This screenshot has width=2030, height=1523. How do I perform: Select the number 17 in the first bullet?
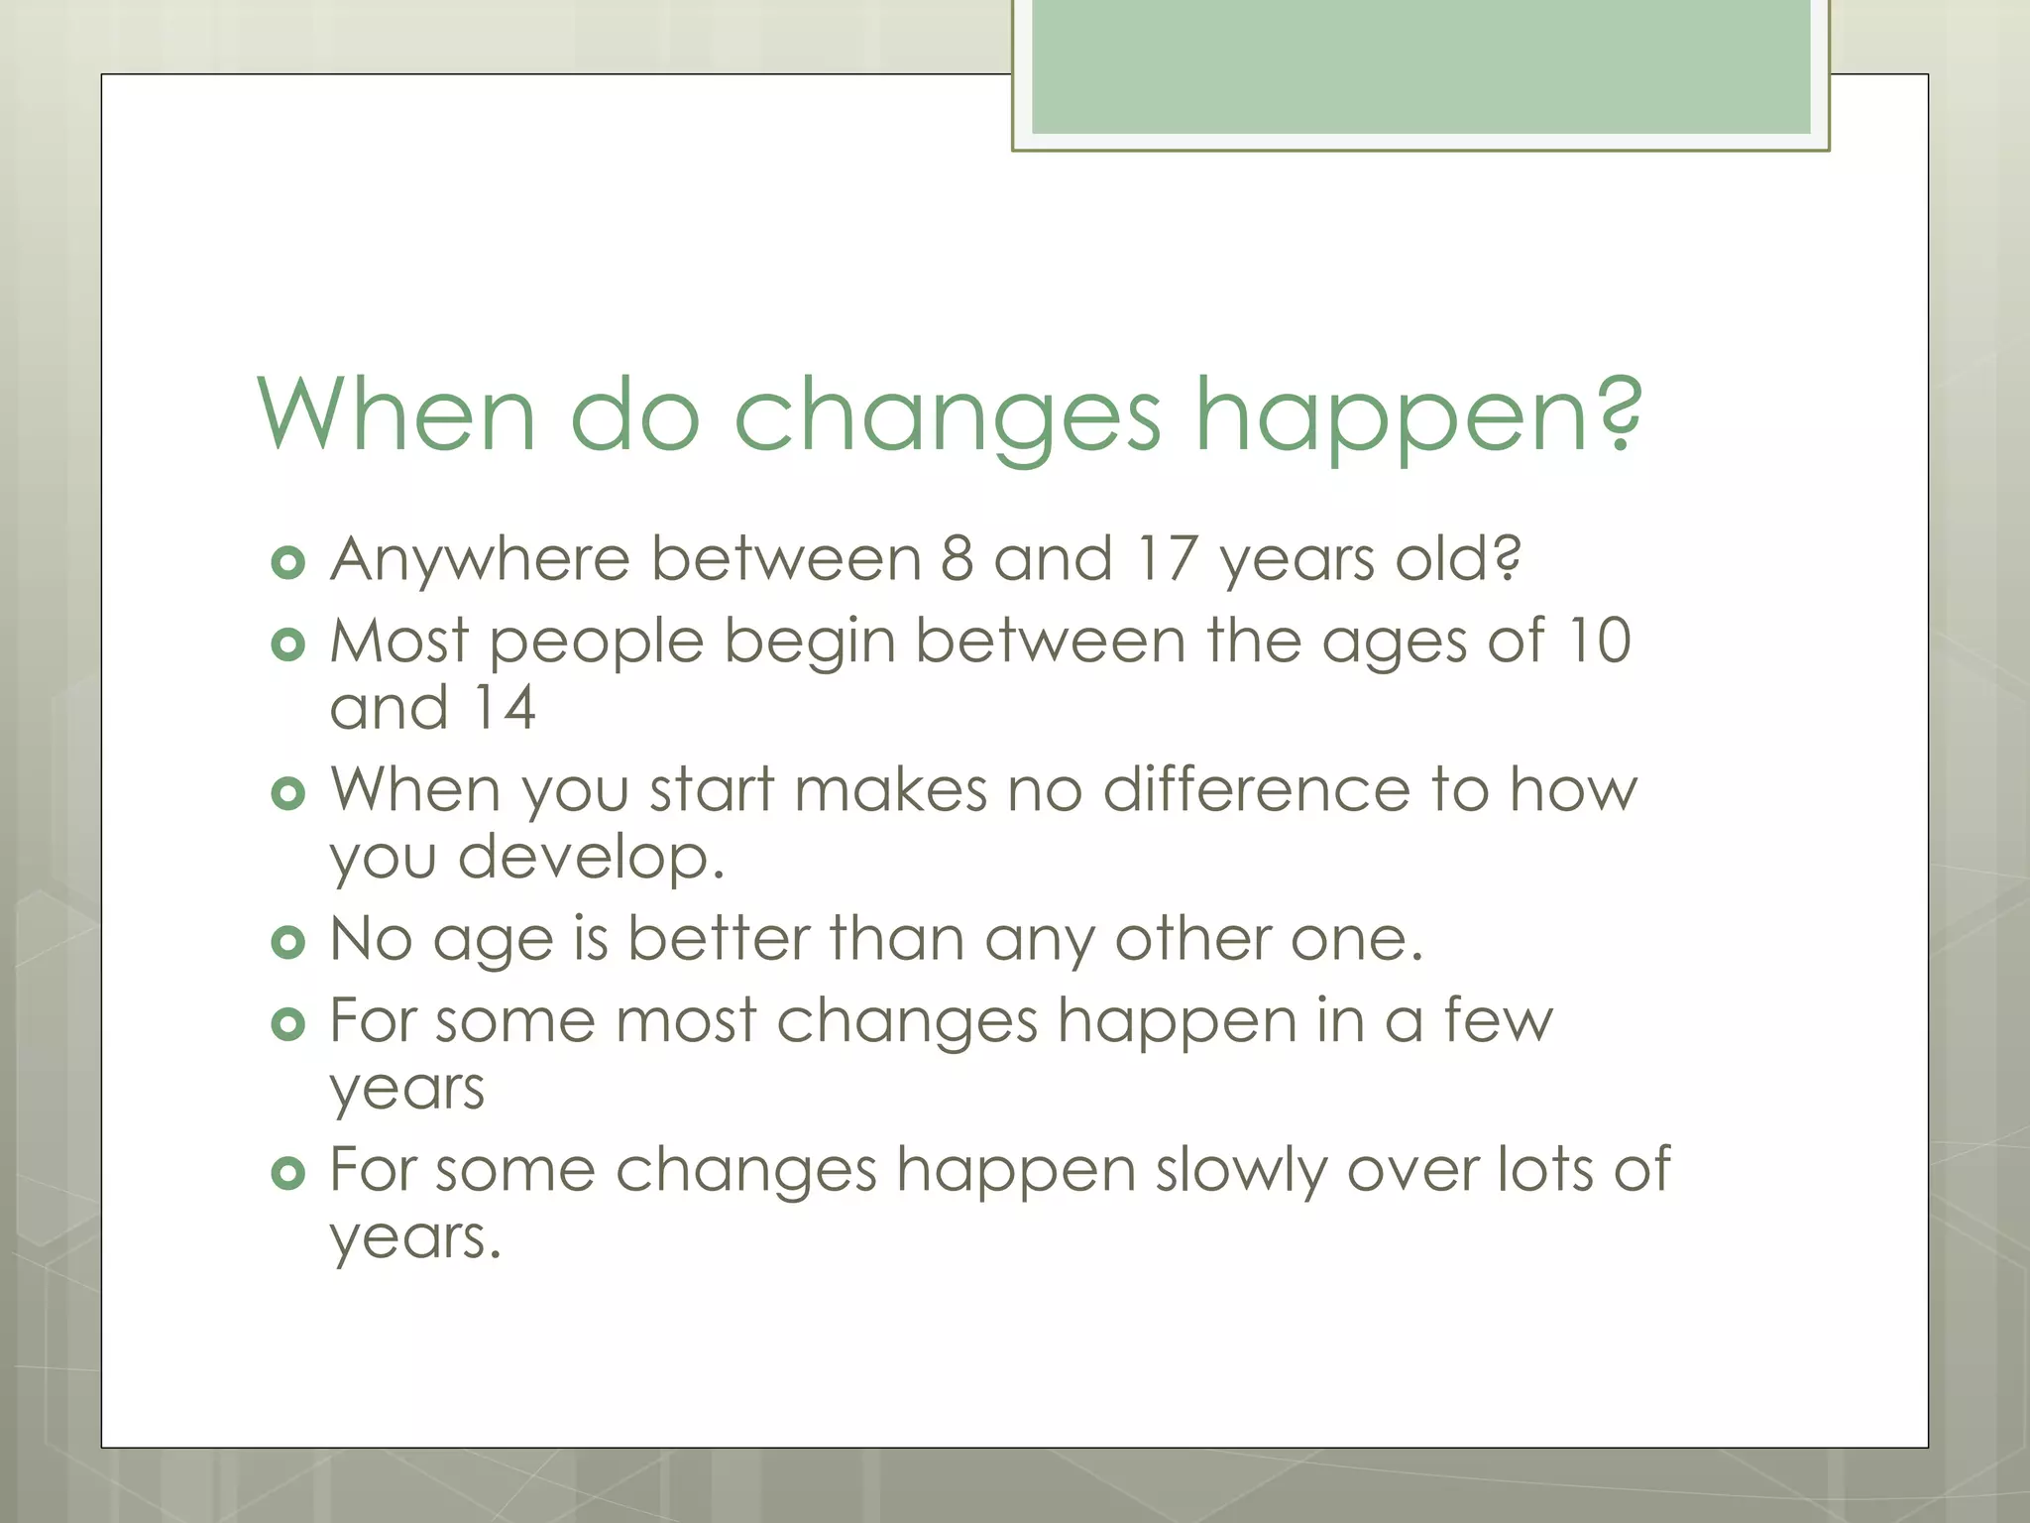pos(1167,558)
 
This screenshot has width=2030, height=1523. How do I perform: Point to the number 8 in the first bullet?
pos(957,558)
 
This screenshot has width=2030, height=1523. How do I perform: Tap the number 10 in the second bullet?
pos(1599,641)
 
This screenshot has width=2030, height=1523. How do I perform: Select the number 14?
pos(504,708)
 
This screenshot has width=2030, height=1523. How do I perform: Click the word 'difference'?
pos(1257,790)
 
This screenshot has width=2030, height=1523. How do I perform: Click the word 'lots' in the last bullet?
pos(1544,1169)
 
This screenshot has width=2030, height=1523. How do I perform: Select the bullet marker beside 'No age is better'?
pos(287,943)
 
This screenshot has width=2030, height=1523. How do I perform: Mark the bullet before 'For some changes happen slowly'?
pos(287,1175)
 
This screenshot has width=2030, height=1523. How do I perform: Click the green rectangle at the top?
pos(1420,67)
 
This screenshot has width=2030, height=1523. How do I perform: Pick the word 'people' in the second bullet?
pos(596,643)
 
